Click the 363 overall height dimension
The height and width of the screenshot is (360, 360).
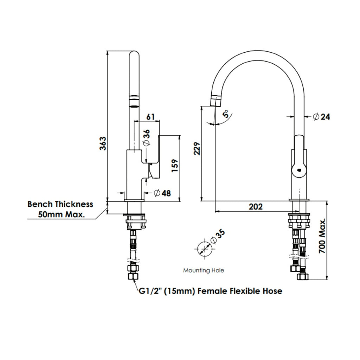103,143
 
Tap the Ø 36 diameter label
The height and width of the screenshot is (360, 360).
146,137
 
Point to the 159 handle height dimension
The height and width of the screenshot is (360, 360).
175,166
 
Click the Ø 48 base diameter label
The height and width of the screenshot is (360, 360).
162,193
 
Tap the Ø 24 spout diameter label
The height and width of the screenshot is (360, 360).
321,117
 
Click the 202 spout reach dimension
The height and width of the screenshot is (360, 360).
255,207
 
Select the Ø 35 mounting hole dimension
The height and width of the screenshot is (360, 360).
217,237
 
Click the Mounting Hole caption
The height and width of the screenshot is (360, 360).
203,270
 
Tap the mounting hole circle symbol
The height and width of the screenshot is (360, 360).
204,249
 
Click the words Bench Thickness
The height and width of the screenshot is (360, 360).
60,204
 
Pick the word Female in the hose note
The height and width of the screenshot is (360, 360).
211,291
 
